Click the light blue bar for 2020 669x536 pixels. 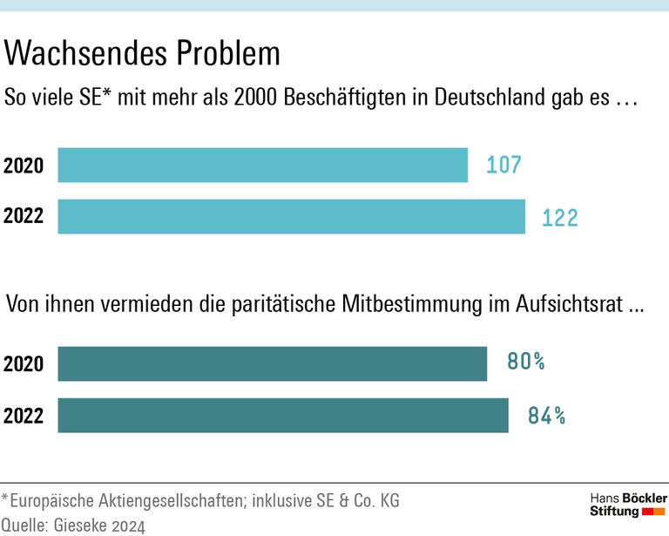pos(262,165)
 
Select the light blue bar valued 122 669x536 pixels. pos(291,216)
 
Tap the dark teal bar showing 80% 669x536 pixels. pos(272,363)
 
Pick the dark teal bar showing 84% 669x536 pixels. pos(282,415)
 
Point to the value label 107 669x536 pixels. pos(503,165)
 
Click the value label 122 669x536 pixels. pos(559,217)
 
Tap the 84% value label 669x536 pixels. pos(546,416)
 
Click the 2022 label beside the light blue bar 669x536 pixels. pos(24,216)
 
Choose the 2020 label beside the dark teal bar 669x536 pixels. pos(24,363)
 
